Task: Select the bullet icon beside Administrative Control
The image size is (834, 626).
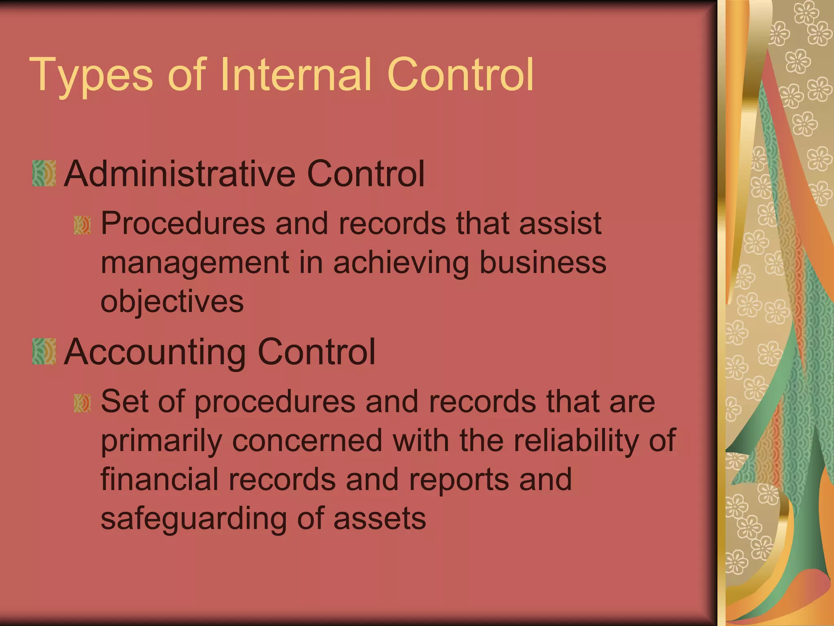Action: [44, 174]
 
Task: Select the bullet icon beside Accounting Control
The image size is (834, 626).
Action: [44, 351]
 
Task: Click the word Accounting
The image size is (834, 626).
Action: [155, 353]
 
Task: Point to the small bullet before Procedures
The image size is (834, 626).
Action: [82, 225]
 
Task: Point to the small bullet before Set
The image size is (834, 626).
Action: [82, 403]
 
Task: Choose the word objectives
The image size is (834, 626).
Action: [172, 302]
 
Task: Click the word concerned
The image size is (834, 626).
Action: [307, 441]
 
